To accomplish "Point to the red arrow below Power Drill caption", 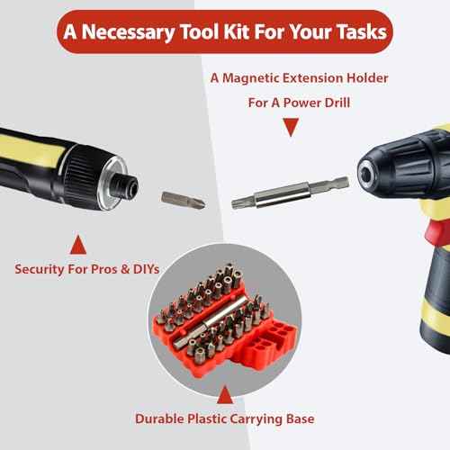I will [x=290, y=128].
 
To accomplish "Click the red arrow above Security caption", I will [x=77, y=242].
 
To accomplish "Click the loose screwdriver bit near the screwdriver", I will [x=183, y=200].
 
